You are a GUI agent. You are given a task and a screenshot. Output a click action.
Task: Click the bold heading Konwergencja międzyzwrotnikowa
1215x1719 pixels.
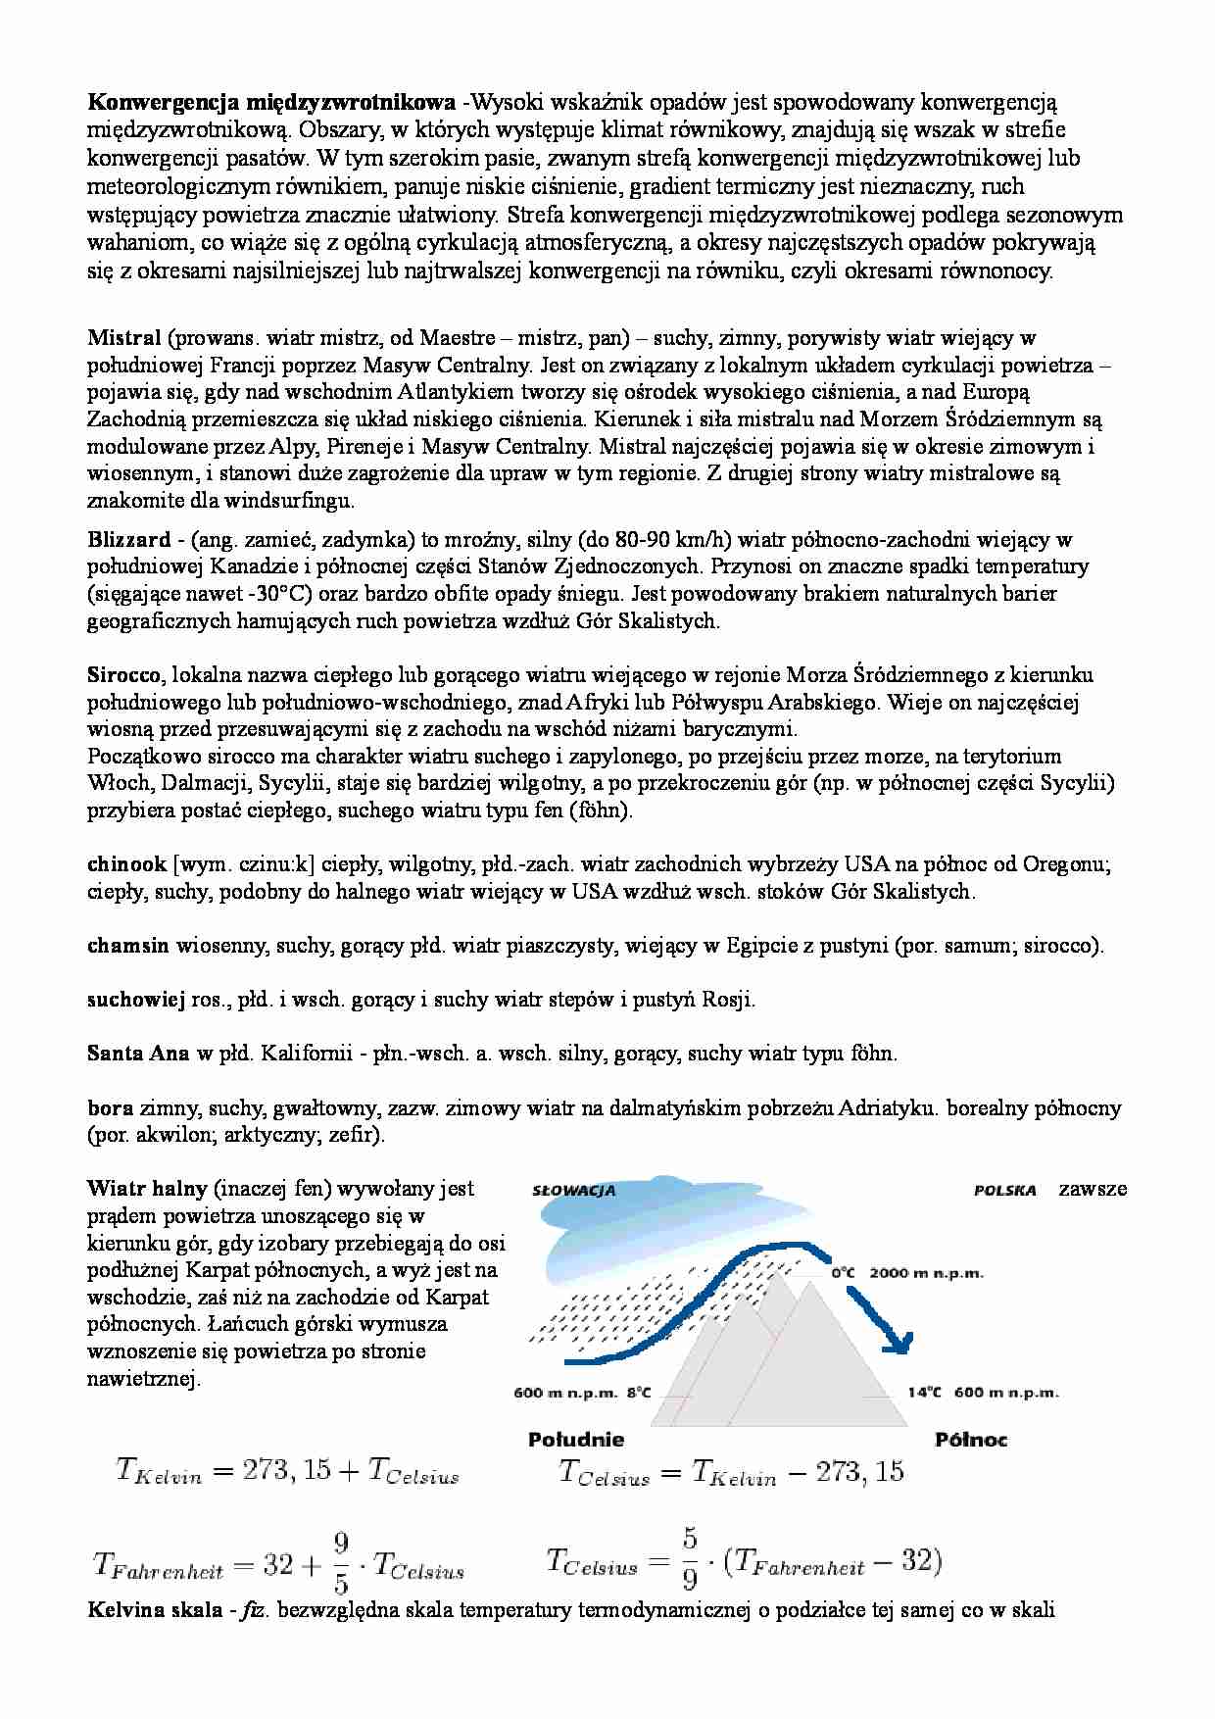(270, 102)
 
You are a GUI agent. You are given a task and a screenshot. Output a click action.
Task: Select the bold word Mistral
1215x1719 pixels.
(123, 338)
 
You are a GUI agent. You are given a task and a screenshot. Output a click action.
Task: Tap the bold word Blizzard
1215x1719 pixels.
(128, 539)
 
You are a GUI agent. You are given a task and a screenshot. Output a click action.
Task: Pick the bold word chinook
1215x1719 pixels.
(126, 864)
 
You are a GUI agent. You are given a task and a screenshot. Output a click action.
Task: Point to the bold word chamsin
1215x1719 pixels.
(127, 946)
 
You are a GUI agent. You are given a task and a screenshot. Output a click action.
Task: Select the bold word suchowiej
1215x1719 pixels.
(135, 1000)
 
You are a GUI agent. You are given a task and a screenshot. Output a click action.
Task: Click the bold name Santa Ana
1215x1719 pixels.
(138, 1054)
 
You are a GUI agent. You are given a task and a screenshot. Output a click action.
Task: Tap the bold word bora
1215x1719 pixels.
(110, 1108)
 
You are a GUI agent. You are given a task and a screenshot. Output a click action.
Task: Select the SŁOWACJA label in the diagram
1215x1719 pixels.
(573, 1191)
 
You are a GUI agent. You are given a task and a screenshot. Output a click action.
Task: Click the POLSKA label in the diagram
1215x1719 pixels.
(1004, 1191)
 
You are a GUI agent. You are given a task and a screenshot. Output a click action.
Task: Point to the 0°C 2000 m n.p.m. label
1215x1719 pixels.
(906, 1273)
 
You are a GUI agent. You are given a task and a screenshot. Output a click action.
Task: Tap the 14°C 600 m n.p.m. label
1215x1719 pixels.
(982, 1392)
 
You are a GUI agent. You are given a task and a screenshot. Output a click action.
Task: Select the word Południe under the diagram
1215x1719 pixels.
(575, 1440)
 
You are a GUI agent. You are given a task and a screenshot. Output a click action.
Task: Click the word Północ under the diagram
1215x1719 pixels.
(970, 1440)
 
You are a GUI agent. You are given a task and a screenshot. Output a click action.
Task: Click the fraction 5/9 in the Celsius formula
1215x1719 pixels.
(690, 1557)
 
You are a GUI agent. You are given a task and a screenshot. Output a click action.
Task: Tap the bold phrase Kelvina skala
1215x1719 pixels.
(154, 1610)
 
